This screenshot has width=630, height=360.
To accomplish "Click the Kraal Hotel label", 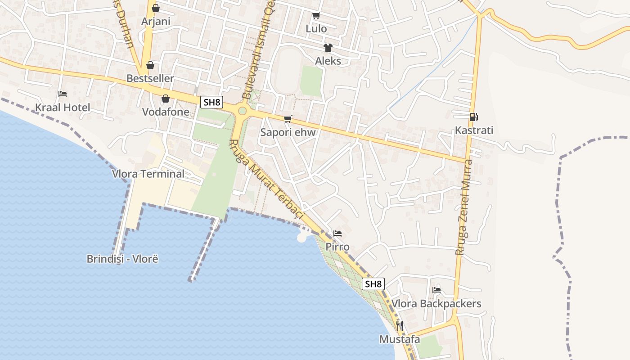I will pyautogui.click(x=63, y=108).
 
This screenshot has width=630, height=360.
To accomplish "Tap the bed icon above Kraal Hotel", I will pyautogui.click(x=63, y=94).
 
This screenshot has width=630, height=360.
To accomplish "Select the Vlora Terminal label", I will pyautogui.click(x=148, y=174).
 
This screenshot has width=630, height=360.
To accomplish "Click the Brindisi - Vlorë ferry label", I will pyautogui.click(x=122, y=259).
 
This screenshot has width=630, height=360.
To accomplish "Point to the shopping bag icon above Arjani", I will pyautogui.click(x=155, y=8).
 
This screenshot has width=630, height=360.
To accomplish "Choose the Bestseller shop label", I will pyautogui.click(x=150, y=78).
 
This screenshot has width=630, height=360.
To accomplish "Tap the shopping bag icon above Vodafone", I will pyautogui.click(x=166, y=99).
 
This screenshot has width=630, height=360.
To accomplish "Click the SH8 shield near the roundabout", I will pyautogui.click(x=211, y=102).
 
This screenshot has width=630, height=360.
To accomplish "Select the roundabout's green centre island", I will pyautogui.click(x=243, y=111).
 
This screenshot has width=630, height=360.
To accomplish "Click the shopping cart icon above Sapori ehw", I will pyautogui.click(x=288, y=119).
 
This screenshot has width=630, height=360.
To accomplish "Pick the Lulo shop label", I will pyautogui.click(x=316, y=29).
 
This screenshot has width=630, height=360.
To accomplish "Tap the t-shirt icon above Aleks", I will pyautogui.click(x=328, y=48).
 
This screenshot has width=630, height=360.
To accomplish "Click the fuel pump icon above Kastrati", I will pyautogui.click(x=473, y=117).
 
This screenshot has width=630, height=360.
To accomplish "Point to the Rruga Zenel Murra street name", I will pyautogui.click(x=464, y=207).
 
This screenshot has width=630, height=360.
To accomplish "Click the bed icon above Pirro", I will pyautogui.click(x=337, y=234).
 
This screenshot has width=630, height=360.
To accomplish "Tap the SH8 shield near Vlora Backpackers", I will pyautogui.click(x=373, y=284).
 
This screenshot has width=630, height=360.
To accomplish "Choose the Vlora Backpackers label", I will pyautogui.click(x=436, y=304).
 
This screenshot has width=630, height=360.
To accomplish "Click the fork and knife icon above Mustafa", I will pyautogui.click(x=399, y=325).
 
